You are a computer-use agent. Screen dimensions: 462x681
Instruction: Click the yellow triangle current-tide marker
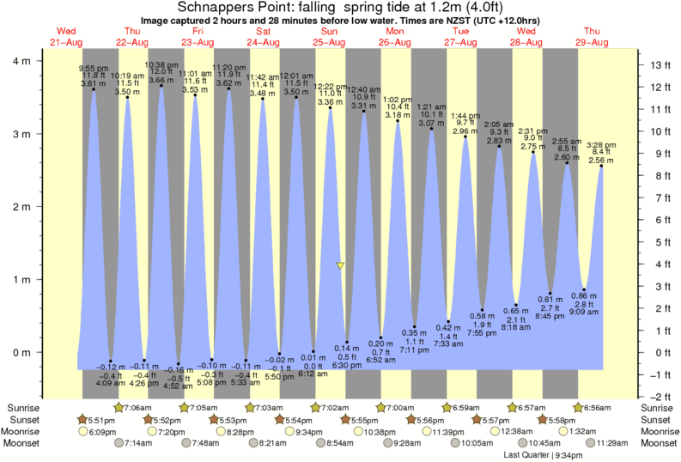pyautogui.click(x=341, y=266)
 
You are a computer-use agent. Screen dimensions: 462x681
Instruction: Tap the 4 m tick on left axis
pyautogui.click(x=23, y=62)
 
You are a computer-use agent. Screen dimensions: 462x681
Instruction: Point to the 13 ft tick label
pyautogui.click(x=660, y=65)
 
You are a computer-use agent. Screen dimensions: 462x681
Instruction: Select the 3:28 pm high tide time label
pyautogui.click(x=599, y=145)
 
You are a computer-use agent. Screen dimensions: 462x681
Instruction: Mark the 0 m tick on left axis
pyautogui.click(x=23, y=352)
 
